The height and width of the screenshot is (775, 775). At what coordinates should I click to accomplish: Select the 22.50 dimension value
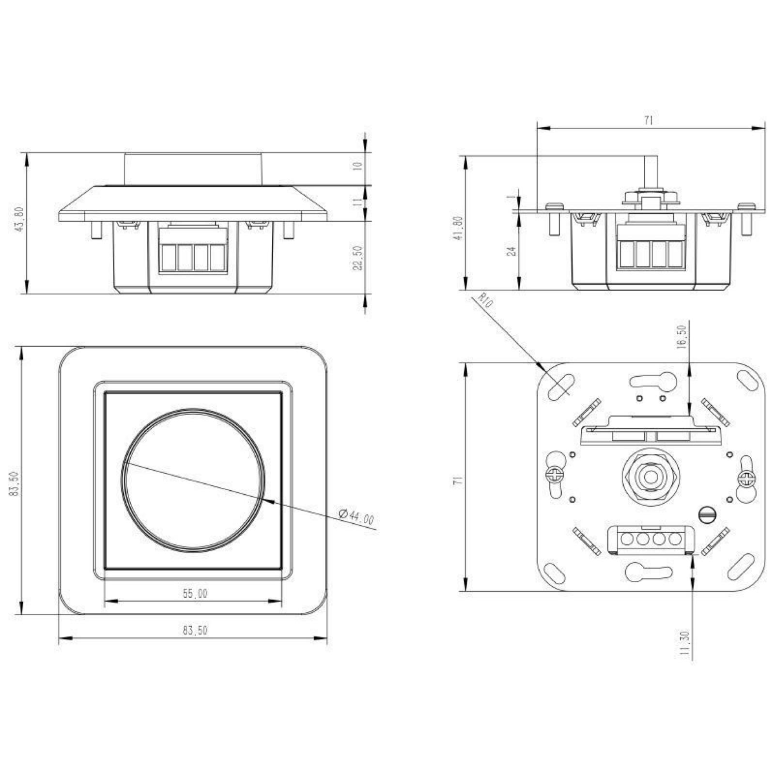358,259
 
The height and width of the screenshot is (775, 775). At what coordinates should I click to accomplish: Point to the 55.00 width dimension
195,593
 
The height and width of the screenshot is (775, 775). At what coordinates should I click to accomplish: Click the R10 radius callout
485,301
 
